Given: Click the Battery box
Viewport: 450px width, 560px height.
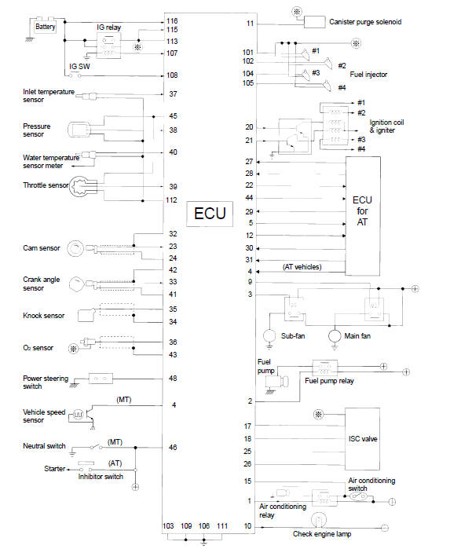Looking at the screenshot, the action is click(46, 27).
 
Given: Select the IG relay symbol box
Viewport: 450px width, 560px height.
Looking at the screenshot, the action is click(109, 46).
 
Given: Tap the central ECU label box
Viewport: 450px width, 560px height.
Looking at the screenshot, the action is click(210, 214).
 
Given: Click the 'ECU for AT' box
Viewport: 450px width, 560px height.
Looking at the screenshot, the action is click(363, 216).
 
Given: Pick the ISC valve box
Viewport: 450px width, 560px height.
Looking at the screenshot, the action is click(362, 439).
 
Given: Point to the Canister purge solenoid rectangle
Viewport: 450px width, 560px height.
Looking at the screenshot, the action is click(314, 22).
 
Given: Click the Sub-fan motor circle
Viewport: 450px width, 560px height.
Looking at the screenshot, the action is click(269, 335).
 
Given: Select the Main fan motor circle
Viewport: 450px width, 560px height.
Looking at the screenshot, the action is click(335, 335).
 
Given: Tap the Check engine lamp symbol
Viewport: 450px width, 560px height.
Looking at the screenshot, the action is click(319, 520).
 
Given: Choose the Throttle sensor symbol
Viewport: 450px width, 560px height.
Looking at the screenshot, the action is click(79, 185).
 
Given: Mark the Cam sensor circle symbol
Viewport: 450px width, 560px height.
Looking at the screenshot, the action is click(75, 248).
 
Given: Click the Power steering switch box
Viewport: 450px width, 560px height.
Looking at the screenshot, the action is click(101, 379).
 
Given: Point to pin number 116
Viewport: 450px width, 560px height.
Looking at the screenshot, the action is click(172, 21).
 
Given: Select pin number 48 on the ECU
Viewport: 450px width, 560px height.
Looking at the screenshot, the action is click(173, 379).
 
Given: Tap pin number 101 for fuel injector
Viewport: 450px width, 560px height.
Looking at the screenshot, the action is click(248, 53).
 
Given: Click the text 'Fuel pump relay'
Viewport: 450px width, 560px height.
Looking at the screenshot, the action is click(329, 381).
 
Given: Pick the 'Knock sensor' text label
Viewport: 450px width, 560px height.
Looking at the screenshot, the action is click(43, 316).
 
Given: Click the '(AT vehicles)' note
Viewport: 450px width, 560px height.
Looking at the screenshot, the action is click(302, 267).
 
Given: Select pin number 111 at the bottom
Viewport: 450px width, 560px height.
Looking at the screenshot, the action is click(222, 526).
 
